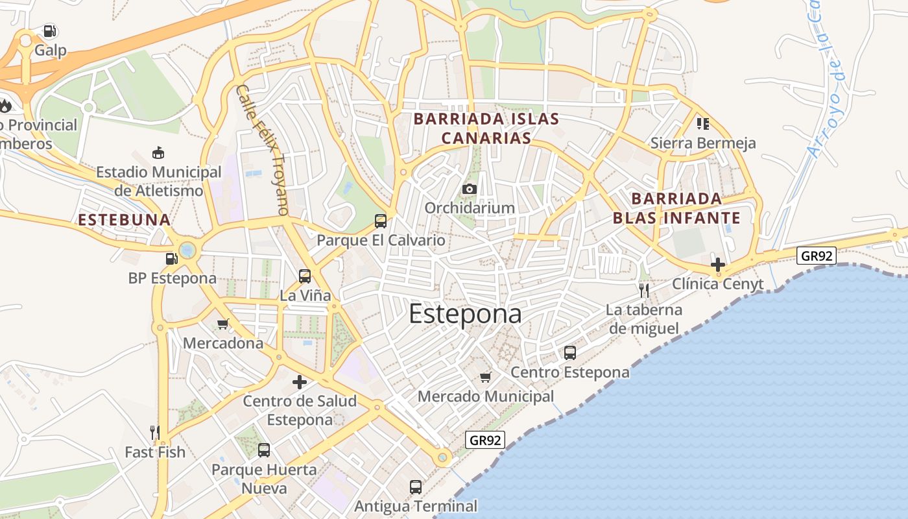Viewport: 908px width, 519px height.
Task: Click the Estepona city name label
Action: coord(465,314)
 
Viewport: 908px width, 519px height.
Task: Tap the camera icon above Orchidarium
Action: coord(469,189)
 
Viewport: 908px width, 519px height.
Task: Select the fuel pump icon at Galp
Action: coord(50,31)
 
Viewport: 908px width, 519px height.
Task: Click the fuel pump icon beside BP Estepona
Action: coord(172,259)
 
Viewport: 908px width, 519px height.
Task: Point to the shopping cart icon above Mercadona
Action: coord(223,324)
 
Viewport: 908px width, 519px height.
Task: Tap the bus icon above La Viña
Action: coord(305,276)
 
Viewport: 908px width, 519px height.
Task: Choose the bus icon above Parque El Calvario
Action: coord(381,221)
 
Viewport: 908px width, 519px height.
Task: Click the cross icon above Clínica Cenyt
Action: coord(717,265)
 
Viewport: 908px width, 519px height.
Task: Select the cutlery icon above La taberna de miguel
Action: coord(643,290)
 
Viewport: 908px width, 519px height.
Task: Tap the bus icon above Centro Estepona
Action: coord(570,353)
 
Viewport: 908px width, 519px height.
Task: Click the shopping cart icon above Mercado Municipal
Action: coord(485,377)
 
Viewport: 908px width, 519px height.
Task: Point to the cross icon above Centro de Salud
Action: coord(300,382)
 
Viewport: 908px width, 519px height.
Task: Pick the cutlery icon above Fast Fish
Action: coord(154,433)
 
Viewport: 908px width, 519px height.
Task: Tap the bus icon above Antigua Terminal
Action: coord(416,487)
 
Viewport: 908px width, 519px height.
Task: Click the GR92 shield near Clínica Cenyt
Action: coord(817,256)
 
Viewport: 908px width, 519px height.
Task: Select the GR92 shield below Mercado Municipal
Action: coord(485,440)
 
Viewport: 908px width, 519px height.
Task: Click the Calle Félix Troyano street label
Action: coord(262,149)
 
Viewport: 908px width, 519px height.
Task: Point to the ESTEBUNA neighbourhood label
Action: coord(124,220)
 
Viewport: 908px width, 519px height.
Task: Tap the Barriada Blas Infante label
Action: coord(676,208)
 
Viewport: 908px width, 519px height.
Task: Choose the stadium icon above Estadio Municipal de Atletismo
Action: coord(158,153)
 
